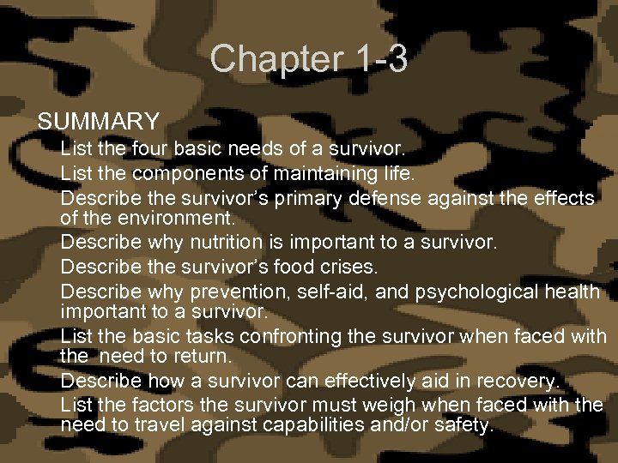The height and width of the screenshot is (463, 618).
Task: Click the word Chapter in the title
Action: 270,59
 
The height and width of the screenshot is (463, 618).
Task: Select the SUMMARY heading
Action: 99,121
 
